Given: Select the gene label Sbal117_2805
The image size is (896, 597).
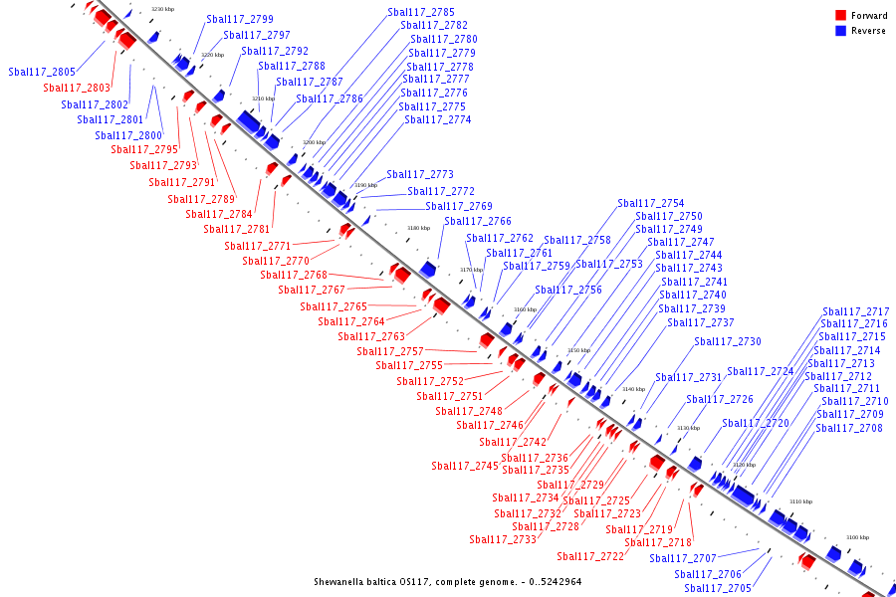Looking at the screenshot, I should [42, 72].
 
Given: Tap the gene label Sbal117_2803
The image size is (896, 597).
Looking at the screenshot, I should [77, 88].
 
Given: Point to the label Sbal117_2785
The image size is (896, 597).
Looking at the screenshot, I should [421, 12].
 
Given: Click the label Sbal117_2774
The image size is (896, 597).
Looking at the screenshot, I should [438, 119].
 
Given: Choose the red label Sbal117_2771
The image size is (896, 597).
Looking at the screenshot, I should [258, 246].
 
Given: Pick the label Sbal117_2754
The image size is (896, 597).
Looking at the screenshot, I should [651, 203].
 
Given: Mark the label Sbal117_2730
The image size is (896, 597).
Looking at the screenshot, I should [728, 341].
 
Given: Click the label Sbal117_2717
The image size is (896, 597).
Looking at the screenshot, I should [856, 311].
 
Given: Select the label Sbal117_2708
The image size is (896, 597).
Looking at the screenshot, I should [849, 428].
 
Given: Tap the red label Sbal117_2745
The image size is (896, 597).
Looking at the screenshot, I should [465, 466].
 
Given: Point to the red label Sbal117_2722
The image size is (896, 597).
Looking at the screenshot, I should [590, 556].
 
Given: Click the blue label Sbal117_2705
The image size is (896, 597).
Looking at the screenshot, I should [718, 588].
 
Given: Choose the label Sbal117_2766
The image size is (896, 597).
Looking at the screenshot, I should [478, 221].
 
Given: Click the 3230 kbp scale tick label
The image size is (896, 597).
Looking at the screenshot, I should [162, 9].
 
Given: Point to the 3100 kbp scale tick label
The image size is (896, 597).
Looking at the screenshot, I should [857, 537].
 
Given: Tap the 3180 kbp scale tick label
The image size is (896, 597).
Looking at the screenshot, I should [418, 228].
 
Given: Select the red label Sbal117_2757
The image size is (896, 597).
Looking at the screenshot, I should [390, 351].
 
